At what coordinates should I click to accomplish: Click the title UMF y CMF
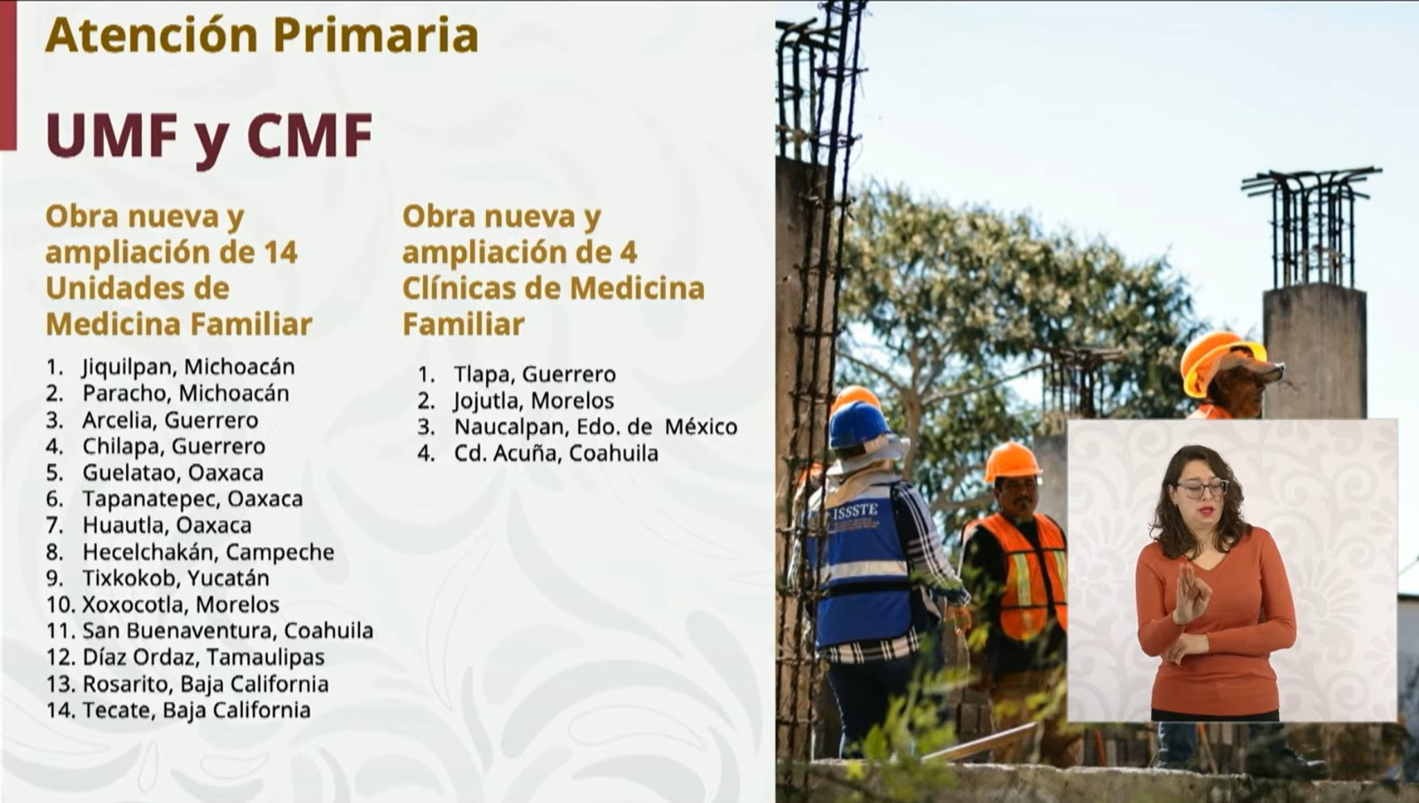coord(209,137)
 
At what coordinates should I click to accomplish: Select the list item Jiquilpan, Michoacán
coord(188,367)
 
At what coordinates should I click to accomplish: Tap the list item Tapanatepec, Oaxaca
coord(192,499)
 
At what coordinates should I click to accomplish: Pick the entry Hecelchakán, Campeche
coord(208,552)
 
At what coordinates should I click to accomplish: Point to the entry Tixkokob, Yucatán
coord(176,578)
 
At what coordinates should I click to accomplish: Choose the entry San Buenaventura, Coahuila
coord(228,631)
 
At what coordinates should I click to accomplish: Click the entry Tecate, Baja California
coord(196,710)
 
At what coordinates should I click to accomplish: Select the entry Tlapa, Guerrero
coord(535,374)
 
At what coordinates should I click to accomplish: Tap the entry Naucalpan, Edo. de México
coord(595,427)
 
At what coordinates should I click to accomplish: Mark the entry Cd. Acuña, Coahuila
coord(556,453)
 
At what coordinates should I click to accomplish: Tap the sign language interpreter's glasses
coord(1202,489)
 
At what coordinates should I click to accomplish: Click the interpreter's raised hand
coord(1190,594)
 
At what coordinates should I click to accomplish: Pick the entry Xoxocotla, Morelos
coord(181,604)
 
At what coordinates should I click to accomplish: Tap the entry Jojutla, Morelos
coord(533,400)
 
